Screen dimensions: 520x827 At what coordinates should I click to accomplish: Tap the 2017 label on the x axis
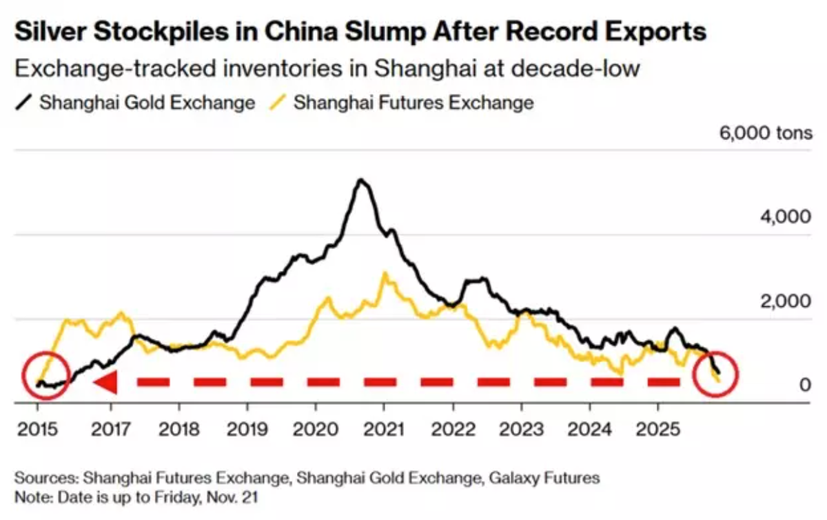pos(111,429)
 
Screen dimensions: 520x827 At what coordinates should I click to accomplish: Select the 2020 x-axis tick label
pos(315,429)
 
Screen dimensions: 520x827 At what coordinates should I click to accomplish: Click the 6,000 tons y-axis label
pos(766,133)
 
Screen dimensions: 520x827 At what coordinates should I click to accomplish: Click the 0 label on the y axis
pos(805,385)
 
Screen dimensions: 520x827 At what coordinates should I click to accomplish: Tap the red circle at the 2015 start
pos(45,378)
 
